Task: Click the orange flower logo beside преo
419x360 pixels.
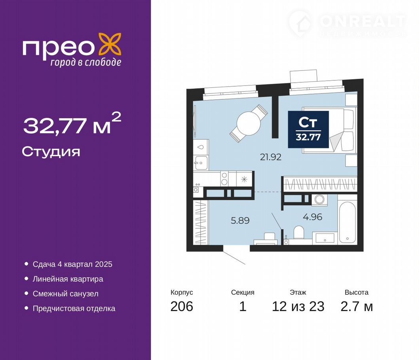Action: tap(110, 44)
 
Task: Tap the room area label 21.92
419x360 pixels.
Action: tap(271, 157)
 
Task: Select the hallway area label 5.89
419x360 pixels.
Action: tap(240, 220)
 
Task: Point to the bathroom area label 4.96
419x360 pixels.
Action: tap(313, 217)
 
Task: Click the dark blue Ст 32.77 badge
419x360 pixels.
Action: tap(308, 129)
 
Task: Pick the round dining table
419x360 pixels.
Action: tap(248, 124)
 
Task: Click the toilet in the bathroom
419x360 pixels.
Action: tap(299, 233)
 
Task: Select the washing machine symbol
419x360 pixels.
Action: tap(319, 200)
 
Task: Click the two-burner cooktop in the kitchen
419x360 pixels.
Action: tap(224, 179)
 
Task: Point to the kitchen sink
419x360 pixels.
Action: tap(201, 163)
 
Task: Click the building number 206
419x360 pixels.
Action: tap(182, 306)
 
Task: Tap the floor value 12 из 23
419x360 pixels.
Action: tap(298, 306)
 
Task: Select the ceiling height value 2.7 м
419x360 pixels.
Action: tap(356, 306)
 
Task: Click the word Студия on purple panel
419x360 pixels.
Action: tap(51, 152)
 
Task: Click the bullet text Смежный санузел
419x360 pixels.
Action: tap(65, 294)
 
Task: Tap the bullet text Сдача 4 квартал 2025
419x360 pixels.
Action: tap(72, 264)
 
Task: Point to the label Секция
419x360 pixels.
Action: tap(243, 292)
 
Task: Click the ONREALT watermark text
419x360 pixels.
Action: tap(362, 21)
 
